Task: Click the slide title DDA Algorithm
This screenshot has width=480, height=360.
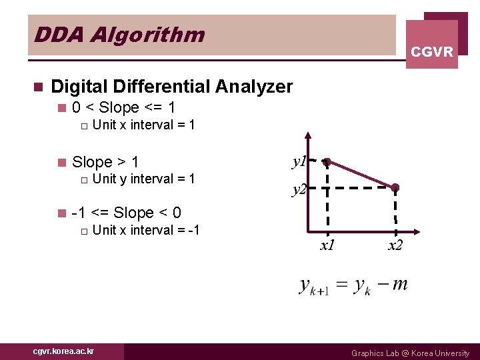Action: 119,34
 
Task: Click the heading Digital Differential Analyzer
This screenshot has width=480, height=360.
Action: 171,87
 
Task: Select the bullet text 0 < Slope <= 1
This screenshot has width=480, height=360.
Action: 123,107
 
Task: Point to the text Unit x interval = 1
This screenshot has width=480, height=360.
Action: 143,125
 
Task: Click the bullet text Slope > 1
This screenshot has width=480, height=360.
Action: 105,162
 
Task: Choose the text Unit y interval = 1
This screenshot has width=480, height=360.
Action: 143,179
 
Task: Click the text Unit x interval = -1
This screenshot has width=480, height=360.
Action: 146,230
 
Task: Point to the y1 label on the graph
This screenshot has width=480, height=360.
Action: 299,161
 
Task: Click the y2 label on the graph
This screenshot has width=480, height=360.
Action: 299,190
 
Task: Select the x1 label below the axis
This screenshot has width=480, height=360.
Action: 327,245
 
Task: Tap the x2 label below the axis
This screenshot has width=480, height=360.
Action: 395,245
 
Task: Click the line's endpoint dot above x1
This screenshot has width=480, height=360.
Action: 327,162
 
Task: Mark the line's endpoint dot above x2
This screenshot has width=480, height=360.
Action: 395,187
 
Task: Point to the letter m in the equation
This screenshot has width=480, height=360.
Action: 400,285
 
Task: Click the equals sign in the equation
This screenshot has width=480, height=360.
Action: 341,286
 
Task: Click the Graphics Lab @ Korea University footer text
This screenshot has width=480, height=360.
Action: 410,353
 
